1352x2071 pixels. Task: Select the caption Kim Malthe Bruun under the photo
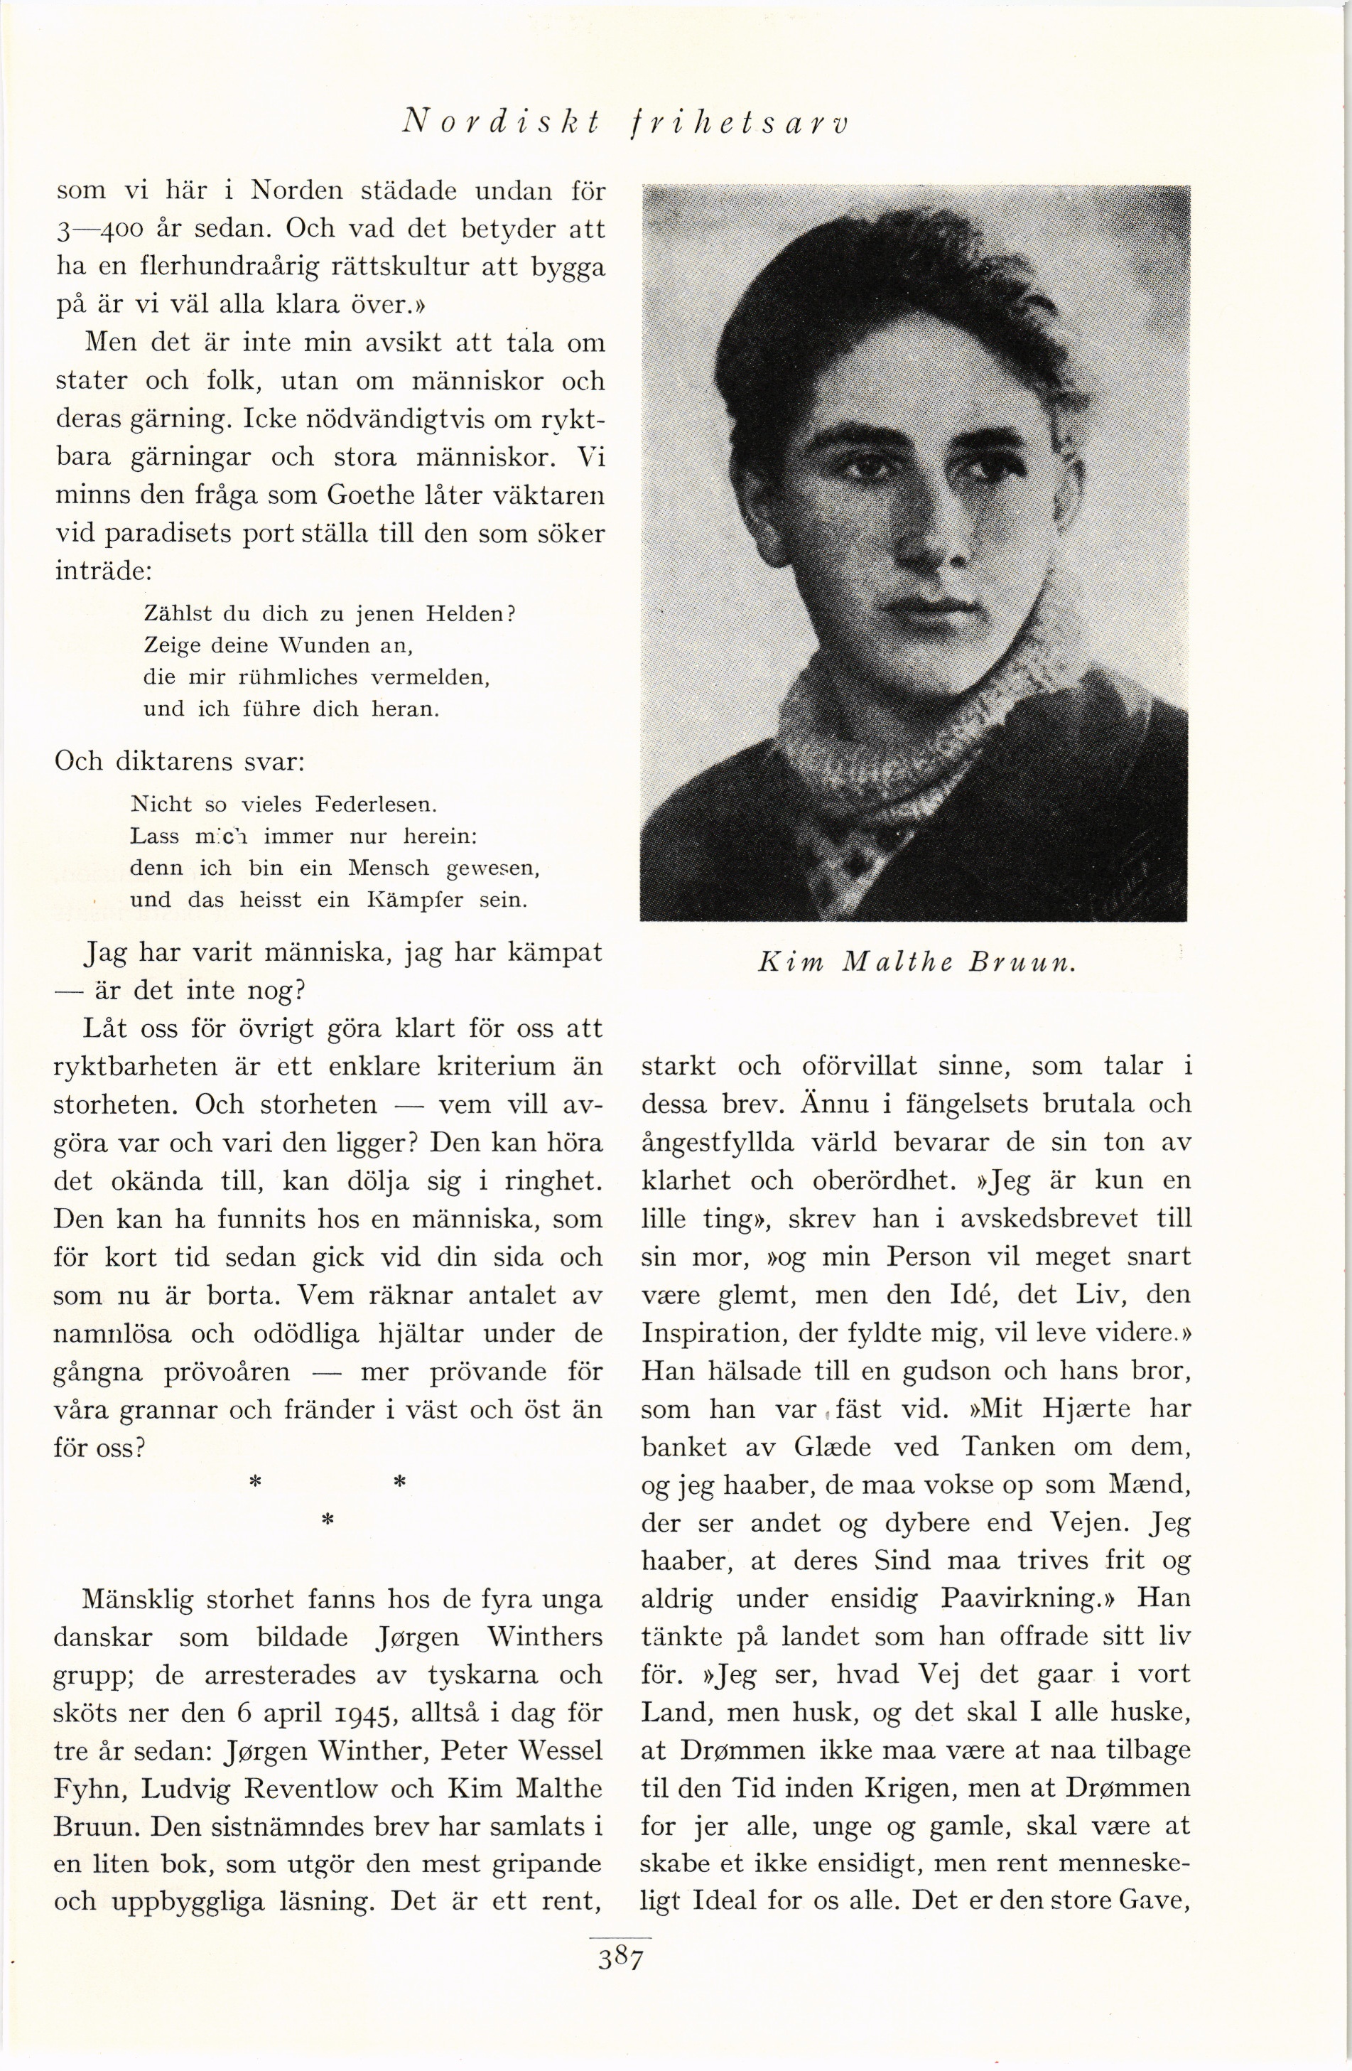tap(917, 963)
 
